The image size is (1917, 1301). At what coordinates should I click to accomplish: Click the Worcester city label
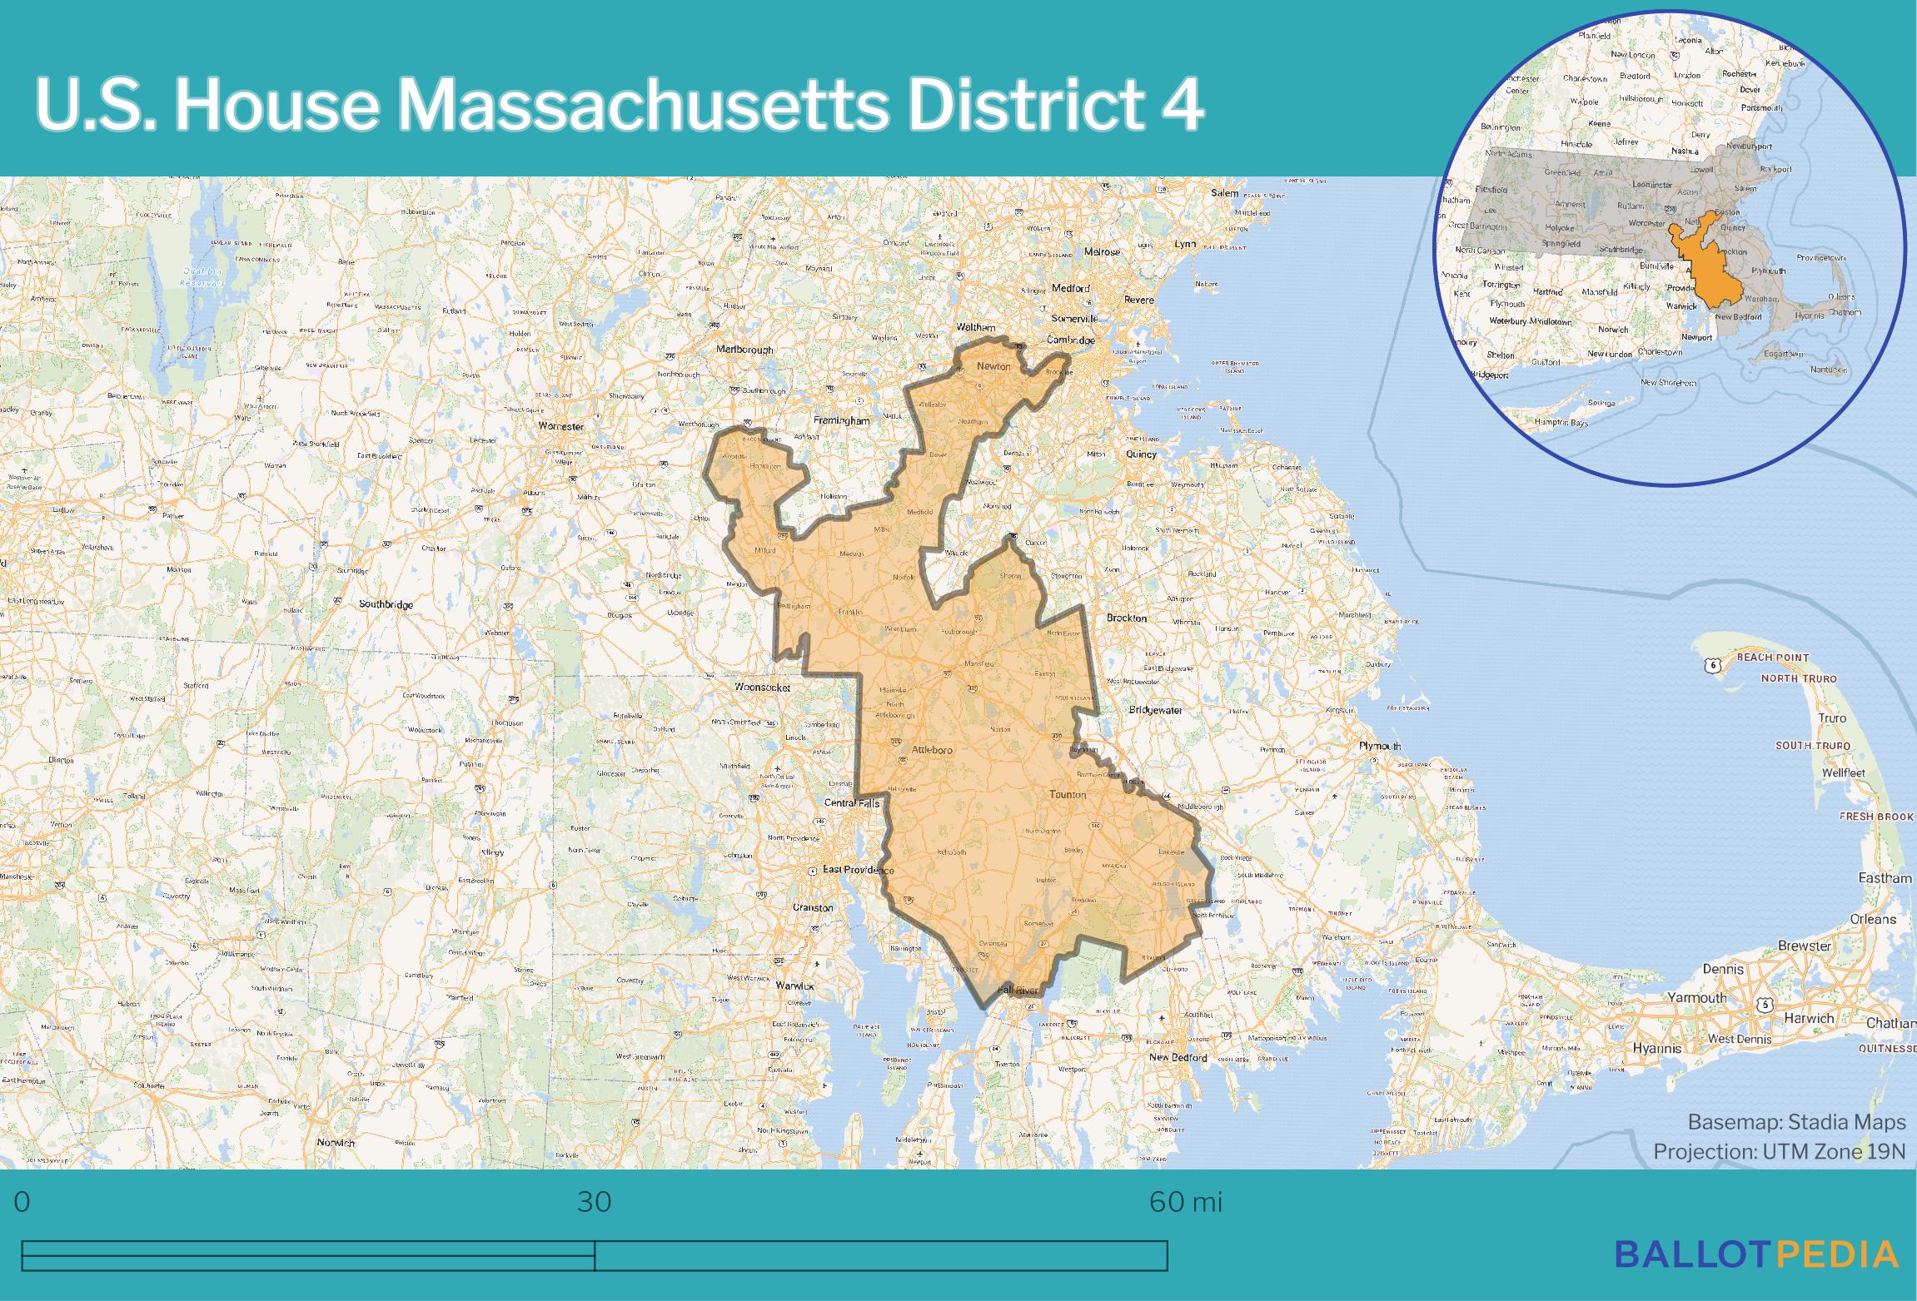pos(560,426)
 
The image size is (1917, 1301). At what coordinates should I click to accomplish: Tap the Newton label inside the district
pos(993,366)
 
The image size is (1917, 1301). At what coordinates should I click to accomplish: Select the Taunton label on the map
pos(1067,794)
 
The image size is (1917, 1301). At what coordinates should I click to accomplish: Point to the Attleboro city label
pos(932,749)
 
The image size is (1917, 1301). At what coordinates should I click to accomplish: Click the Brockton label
pos(1126,618)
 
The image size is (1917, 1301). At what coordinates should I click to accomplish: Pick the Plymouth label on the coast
pos(1380,746)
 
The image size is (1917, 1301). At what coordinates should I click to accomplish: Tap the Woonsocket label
pos(762,688)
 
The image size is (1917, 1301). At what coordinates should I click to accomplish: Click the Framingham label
pos(841,421)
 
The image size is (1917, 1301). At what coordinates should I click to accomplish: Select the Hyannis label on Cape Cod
pos(1657,1048)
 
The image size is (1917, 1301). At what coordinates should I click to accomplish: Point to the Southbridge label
pos(386,604)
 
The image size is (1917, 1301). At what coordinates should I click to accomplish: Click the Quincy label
pos(1141,454)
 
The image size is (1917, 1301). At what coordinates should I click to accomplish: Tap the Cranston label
pos(812,907)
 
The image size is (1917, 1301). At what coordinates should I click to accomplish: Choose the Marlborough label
pos(744,350)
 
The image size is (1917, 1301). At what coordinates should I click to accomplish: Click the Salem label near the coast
pos(1225,193)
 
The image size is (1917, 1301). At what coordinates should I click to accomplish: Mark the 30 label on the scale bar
pos(594,1202)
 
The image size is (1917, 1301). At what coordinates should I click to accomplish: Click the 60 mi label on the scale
pos(1185,1202)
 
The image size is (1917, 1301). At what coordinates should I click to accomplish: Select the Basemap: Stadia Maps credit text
pos(1796,1122)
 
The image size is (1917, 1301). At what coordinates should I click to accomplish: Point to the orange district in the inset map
pos(1711,271)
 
